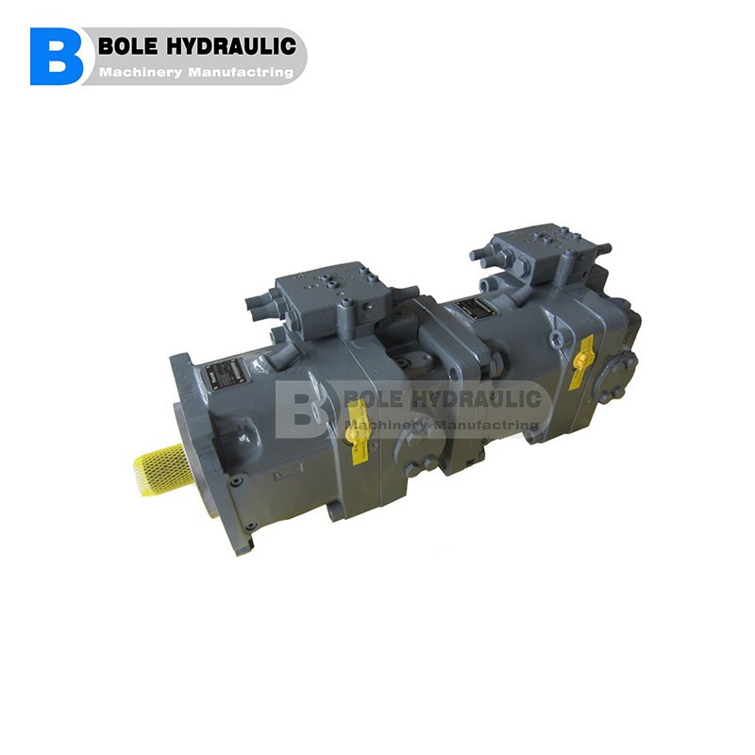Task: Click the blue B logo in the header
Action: point(56,57)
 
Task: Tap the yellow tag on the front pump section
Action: point(358,430)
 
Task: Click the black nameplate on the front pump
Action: point(224,371)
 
